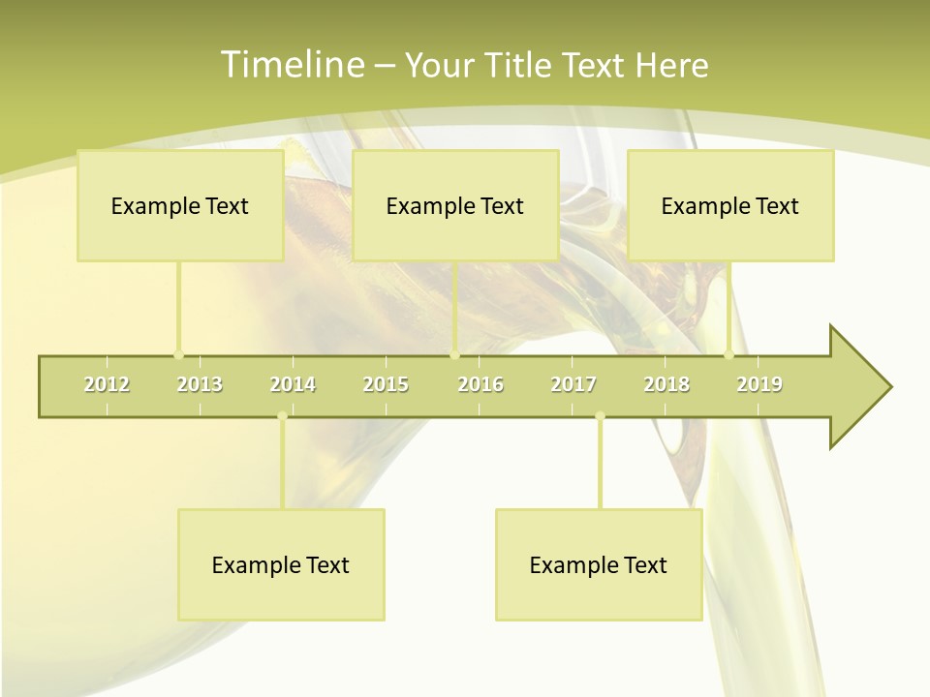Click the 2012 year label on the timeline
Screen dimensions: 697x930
click(107, 384)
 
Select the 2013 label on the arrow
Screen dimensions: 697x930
click(200, 384)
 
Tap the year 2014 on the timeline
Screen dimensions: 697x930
click(293, 384)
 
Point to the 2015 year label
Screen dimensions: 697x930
click(386, 384)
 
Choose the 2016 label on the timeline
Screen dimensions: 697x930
click(480, 384)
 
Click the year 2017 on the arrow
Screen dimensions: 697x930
click(573, 384)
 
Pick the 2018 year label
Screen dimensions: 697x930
click(666, 384)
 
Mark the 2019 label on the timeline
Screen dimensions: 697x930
click(759, 384)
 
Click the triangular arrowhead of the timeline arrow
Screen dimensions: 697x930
click(858, 387)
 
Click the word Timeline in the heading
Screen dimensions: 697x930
click(290, 65)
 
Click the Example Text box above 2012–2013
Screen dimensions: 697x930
click(180, 205)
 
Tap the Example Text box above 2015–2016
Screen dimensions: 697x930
click(455, 205)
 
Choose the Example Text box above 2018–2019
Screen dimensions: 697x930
click(730, 205)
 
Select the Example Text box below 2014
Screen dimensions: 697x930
click(281, 564)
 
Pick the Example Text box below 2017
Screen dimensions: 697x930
click(599, 564)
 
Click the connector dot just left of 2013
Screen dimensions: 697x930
click(178, 354)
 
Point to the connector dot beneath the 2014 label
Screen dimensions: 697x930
click(282, 416)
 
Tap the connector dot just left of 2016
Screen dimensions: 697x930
click(455, 354)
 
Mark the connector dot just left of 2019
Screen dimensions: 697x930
click(729, 354)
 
